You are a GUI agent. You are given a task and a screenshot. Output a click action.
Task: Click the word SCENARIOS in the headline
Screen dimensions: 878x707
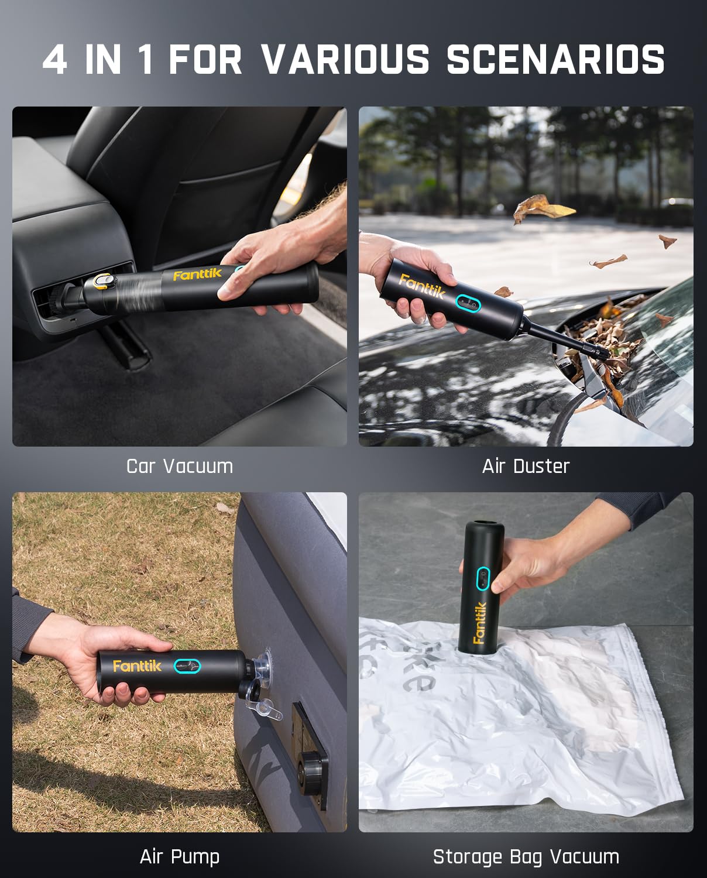point(555,60)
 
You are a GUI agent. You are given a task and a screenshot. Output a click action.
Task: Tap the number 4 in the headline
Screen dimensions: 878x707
point(55,60)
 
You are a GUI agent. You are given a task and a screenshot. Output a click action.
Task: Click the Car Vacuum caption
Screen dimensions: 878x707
point(180,466)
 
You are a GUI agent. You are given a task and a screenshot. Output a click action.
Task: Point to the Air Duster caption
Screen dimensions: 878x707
point(526,466)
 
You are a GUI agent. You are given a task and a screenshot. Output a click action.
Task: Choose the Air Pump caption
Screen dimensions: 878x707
point(180,856)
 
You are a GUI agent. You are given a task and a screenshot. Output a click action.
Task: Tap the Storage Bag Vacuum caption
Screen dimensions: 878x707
point(526,856)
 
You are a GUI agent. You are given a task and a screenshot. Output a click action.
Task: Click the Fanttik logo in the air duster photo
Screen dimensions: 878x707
point(422,286)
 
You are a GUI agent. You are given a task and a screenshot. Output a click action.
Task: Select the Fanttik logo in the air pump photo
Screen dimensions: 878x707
point(137,666)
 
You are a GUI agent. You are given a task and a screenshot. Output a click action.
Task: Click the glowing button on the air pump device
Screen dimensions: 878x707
point(187,666)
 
